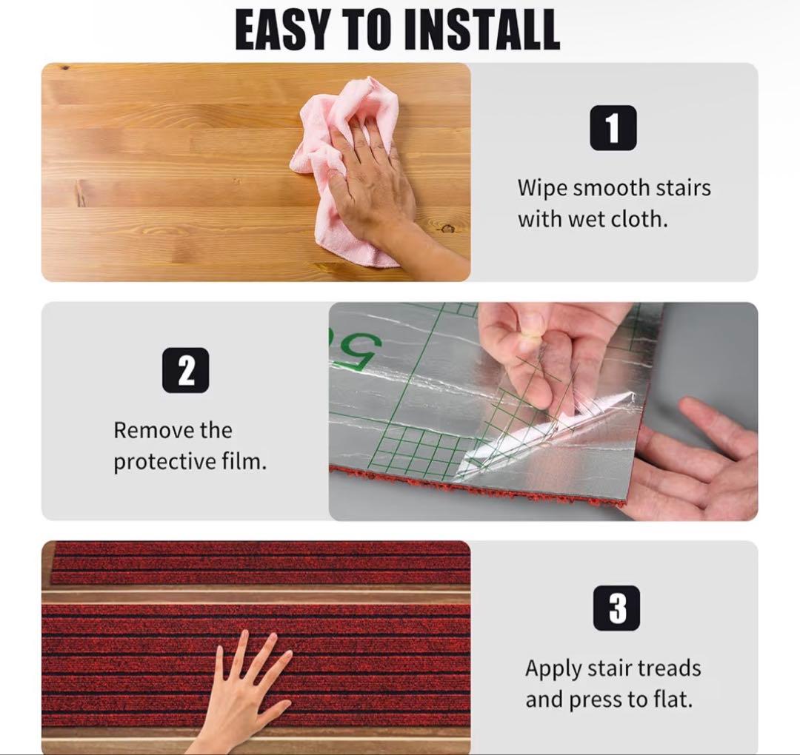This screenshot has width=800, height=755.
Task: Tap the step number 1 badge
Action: click(x=613, y=128)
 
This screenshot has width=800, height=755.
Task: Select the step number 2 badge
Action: click(x=186, y=370)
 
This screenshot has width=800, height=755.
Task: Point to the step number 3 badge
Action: click(x=616, y=608)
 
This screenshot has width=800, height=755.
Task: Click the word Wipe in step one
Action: click(x=541, y=189)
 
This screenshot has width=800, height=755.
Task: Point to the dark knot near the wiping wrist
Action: click(x=448, y=228)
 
